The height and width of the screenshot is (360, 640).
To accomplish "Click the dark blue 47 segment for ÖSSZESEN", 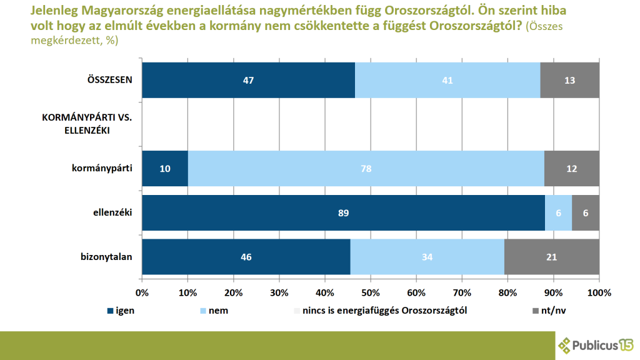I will click(248, 80).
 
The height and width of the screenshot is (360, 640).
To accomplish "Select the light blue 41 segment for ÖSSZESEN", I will click(447, 80).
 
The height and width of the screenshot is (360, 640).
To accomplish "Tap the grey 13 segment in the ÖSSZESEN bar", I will click(570, 80).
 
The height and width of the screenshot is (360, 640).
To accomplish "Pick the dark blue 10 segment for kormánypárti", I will click(165, 168).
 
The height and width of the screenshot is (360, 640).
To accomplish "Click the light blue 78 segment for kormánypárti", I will click(366, 168).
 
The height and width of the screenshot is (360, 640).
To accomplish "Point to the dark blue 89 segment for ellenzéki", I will click(343, 212).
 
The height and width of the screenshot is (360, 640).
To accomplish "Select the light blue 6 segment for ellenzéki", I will click(558, 212).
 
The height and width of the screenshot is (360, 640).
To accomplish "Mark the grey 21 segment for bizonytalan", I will click(552, 257).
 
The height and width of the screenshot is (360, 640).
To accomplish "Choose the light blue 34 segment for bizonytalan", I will click(427, 257).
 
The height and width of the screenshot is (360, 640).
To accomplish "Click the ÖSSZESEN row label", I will click(109, 80).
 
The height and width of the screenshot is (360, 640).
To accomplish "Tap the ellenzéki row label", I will click(112, 212).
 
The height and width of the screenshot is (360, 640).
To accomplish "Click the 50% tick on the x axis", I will click(371, 292).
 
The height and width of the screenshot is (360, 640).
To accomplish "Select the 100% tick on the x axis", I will click(599, 292).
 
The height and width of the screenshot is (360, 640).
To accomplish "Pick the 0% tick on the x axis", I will click(142, 292).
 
